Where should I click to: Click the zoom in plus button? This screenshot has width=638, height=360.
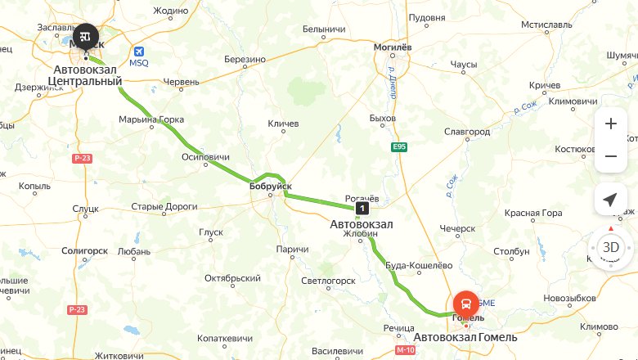coord(610,124)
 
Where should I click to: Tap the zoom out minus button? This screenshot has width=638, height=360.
coord(610,155)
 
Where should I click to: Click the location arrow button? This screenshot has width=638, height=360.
coord(610,200)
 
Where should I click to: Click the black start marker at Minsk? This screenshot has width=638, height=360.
coord(85,37)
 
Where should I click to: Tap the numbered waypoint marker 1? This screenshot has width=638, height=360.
coord(361,208)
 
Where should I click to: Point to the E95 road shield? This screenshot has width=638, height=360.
coord(399,146)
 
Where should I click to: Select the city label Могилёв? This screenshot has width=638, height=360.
coord(392,47)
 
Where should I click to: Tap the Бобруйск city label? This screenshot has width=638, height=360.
coord(271,187)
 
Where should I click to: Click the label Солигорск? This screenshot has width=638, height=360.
coord(85,251)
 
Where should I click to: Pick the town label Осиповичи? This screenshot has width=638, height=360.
coord(205,156)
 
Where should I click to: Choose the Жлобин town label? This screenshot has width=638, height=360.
coord(361,234)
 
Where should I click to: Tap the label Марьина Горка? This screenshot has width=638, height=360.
coord(152,119)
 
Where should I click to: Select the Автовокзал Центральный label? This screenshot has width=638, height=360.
coord(85,75)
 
